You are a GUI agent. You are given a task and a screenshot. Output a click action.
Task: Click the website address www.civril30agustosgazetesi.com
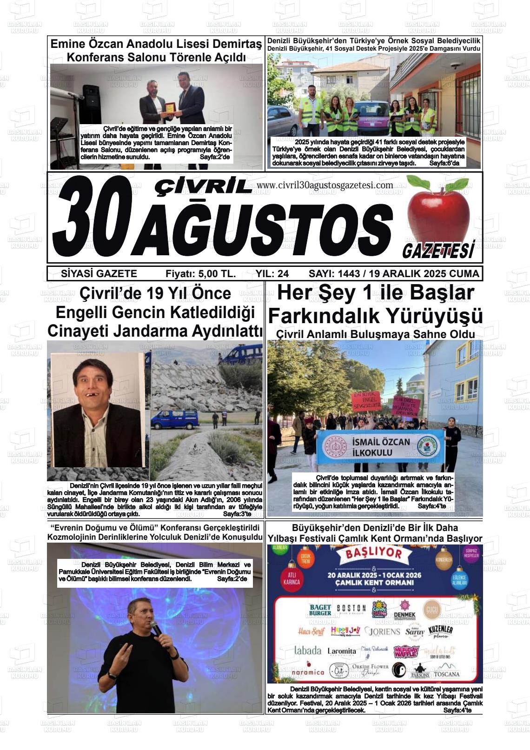[x=325, y=185]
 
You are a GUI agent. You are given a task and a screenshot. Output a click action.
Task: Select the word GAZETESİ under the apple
[x=438, y=251]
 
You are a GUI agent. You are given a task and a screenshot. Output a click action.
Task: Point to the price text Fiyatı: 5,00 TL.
[x=200, y=273]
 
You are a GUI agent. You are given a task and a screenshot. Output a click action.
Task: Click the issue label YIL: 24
[x=272, y=273]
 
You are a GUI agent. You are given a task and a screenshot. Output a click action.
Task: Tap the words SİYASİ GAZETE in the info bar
[x=99, y=273]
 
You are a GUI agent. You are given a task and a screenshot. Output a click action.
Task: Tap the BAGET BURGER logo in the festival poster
[x=320, y=610]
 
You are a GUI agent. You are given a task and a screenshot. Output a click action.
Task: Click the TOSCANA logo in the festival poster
[x=447, y=673]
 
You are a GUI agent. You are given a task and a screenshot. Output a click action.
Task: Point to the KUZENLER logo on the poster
[x=440, y=631]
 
